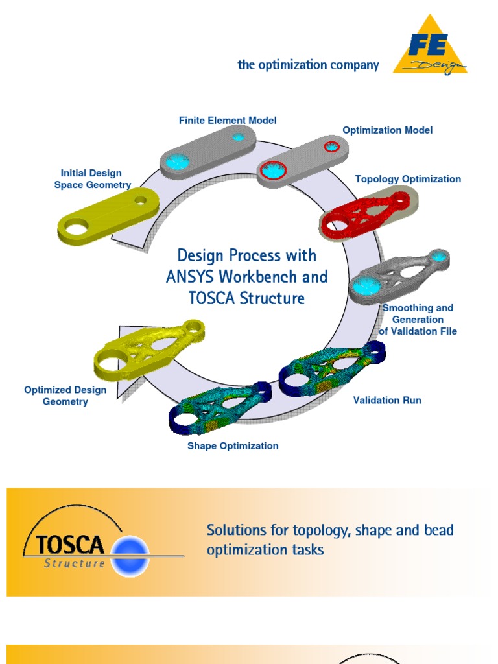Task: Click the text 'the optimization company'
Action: pos(308,65)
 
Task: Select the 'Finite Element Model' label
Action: pos(228,121)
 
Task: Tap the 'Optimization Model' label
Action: pos(387,130)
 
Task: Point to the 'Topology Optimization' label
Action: pos(408,179)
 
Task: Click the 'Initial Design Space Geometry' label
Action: pos(91,179)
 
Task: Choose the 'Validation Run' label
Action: pos(387,400)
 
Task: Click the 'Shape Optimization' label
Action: pos(233,446)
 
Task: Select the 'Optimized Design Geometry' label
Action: pos(65,396)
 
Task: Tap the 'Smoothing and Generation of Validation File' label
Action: pos(418,320)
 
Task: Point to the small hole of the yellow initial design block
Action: pos(141,201)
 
